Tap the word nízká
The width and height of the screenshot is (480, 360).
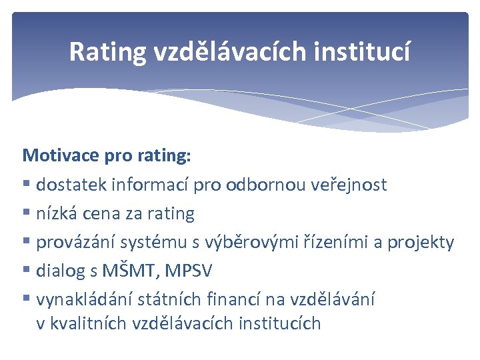pos(56,213)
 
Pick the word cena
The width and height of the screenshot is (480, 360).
pos(96,213)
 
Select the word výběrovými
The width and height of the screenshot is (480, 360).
pos(243,242)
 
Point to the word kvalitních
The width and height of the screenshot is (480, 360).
pos(89,324)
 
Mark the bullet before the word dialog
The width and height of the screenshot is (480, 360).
pos(27,271)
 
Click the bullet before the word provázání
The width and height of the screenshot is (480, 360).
pos(27,243)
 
